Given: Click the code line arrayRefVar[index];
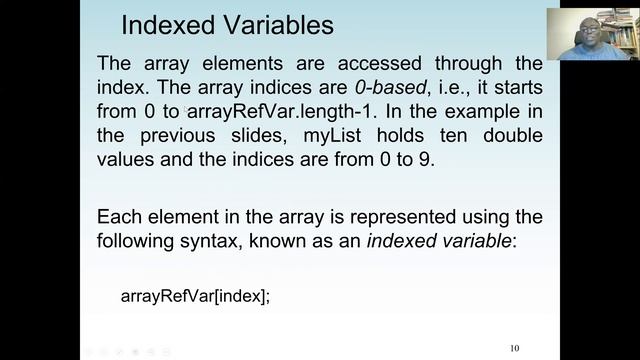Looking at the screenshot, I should [x=195, y=297].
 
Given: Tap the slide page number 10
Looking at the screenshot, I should [x=514, y=349].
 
